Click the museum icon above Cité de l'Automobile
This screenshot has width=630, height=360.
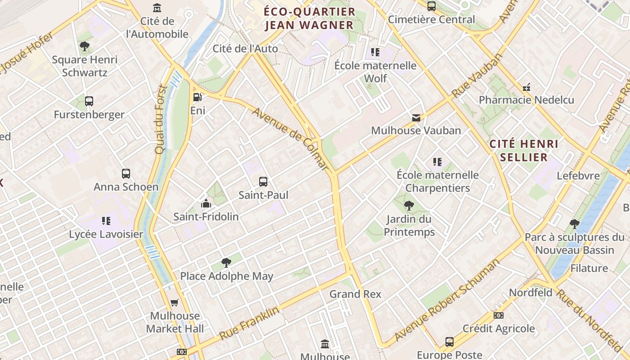[157, 8]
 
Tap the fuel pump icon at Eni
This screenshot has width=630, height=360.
[197, 97]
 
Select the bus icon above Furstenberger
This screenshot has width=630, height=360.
[89, 101]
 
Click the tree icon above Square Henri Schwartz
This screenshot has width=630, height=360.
[84, 46]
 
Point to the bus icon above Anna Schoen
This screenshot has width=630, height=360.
[126, 174]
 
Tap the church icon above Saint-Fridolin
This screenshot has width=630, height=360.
[206, 203]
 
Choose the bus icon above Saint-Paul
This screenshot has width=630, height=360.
[263, 182]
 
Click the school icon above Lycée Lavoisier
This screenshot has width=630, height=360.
[106, 220]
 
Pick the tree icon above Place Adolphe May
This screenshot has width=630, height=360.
[226, 263]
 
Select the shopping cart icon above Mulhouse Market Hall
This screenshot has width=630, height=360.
[175, 302]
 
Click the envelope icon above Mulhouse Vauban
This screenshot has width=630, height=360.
[416, 117]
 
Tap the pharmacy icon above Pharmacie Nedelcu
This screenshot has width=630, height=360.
[526, 87]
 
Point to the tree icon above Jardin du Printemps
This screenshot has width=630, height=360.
[409, 206]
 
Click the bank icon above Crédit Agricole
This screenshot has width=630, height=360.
[499, 315]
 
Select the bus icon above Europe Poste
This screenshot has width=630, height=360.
[449, 342]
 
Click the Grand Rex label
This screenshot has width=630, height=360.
[355, 294]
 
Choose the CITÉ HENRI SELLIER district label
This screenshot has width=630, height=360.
[524, 151]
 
